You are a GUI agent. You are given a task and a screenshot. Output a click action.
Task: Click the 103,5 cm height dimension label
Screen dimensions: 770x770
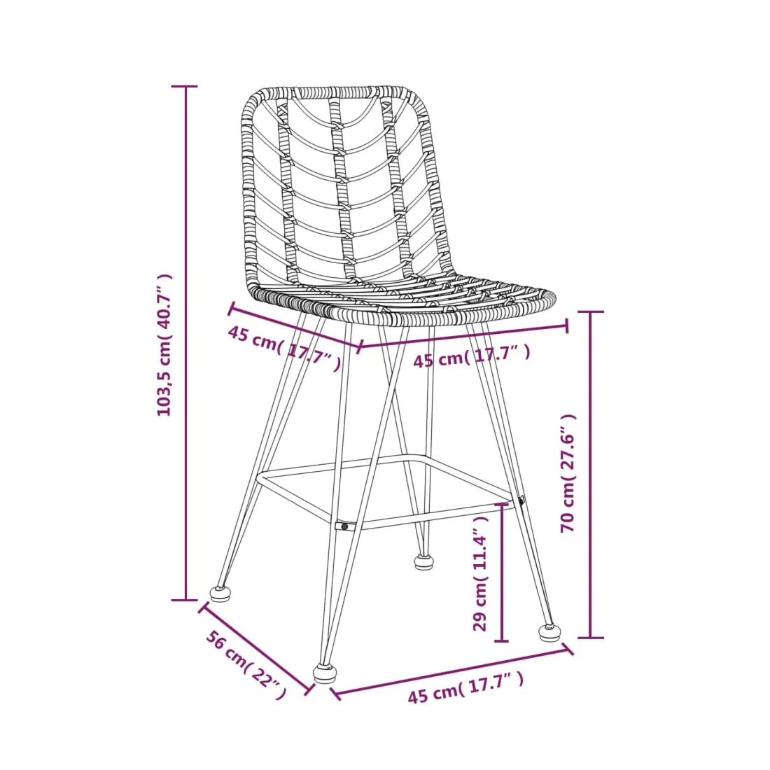[x=164, y=345]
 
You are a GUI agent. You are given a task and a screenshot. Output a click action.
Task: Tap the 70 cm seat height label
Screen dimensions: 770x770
[x=568, y=473]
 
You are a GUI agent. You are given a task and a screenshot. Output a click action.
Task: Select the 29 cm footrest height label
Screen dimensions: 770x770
[x=479, y=573]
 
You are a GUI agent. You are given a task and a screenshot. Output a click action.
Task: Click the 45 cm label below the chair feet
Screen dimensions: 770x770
[x=465, y=687]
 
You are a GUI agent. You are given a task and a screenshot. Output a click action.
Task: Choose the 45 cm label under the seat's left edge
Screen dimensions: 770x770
[x=283, y=347]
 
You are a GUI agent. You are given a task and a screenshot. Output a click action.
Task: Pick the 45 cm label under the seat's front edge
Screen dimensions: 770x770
[x=471, y=356]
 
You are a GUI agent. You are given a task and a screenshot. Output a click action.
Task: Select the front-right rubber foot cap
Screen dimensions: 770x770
[x=550, y=632]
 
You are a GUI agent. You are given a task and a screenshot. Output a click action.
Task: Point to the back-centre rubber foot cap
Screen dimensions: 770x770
[x=424, y=562]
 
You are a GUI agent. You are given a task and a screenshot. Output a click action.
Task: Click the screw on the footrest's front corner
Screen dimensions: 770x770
[x=344, y=527]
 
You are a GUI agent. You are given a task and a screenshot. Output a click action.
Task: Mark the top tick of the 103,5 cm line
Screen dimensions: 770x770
[x=185, y=86]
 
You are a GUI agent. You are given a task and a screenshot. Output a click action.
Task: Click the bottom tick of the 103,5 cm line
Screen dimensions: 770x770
[x=185, y=600]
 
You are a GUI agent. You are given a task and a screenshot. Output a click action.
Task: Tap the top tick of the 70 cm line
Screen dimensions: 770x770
[x=590, y=311]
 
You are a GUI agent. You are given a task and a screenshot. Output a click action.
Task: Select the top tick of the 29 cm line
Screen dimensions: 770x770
[x=502, y=503]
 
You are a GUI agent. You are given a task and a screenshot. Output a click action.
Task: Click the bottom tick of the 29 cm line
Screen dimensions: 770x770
[x=502, y=640]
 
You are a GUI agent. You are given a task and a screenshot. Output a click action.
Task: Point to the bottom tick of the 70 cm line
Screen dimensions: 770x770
[x=590, y=638]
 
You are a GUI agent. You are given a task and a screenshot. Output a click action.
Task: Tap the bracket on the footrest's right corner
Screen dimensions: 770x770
[x=521, y=501]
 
